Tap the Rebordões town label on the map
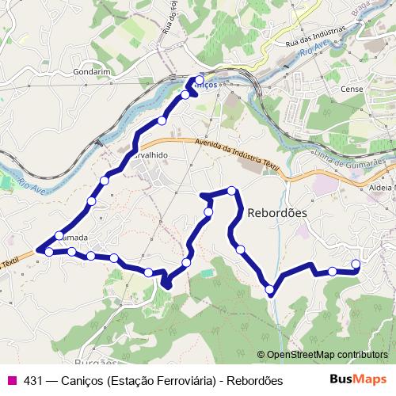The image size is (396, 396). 277,213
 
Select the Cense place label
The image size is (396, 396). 352,89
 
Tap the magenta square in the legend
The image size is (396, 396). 11,381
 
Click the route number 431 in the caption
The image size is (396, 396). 33,381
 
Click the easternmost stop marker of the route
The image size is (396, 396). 355,264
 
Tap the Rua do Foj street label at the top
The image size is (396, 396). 168,20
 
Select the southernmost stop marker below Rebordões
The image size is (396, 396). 271,289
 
